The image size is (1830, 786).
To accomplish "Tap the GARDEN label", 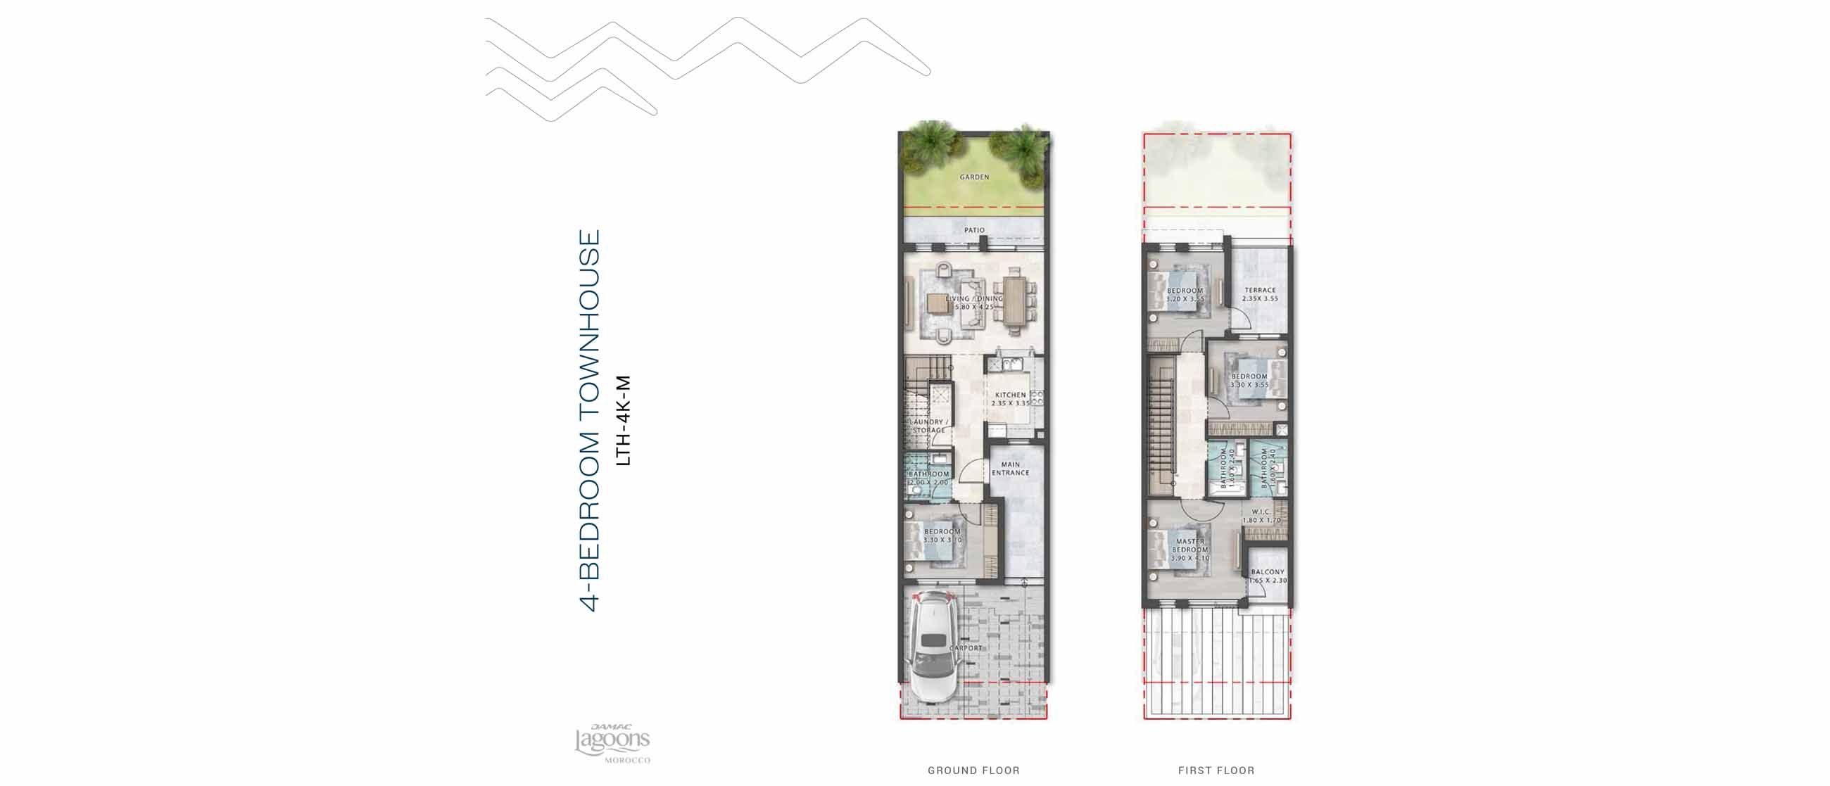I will (x=974, y=177).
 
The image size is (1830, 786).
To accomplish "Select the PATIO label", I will (x=974, y=230).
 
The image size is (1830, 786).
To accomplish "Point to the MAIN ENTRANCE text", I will (x=1010, y=469).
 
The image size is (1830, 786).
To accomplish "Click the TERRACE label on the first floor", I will (x=1260, y=291).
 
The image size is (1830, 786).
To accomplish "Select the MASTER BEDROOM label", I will (x=1190, y=545).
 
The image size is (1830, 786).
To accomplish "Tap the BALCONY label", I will (x=1268, y=572).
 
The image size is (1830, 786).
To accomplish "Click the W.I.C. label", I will (x=1261, y=512).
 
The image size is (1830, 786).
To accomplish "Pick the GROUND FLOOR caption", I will (x=973, y=771).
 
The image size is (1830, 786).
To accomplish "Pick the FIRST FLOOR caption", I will (x=1216, y=771).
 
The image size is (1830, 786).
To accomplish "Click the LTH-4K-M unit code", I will (x=623, y=420).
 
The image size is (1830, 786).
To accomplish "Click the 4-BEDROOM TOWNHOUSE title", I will (x=591, y=420).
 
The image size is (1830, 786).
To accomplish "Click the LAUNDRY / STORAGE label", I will (x=928, y=426).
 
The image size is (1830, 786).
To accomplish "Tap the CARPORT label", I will (x=966, y=648).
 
